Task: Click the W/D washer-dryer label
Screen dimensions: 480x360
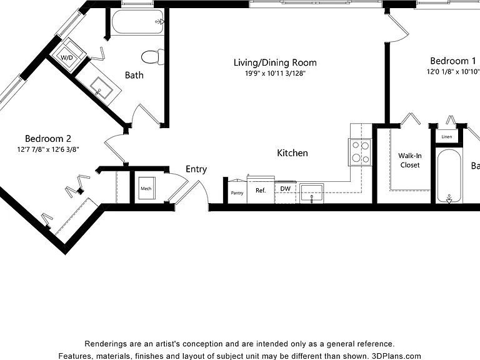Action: pos(67,57)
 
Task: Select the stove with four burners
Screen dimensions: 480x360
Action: pos(360,152)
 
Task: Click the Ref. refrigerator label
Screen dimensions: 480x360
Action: pos(261,191)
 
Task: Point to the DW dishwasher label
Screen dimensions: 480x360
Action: pos(285,189)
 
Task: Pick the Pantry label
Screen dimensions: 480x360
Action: pos(237,193)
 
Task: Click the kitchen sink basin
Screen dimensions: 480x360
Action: pos(312,193)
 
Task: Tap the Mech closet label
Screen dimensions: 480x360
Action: pos(146,188)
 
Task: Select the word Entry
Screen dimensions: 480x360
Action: pos(196,169)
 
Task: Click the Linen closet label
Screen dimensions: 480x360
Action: pos(447,136)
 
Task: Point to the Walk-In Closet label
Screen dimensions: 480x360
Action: pos(410,161)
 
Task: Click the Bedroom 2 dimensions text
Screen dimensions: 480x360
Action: pos(48,150)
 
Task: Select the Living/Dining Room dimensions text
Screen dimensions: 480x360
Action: pos(275,74)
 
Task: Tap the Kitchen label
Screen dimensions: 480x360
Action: pos(292,153)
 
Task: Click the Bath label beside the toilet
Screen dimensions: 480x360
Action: pos(134,75)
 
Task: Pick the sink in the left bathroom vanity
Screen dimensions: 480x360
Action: pos(99,88)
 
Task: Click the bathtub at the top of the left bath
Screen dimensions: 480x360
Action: pos(137,22)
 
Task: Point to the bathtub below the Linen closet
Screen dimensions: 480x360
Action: pos(449,176)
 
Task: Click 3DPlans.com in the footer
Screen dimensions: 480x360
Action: pos(396,356)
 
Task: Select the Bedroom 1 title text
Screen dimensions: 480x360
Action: pos(453,61)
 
